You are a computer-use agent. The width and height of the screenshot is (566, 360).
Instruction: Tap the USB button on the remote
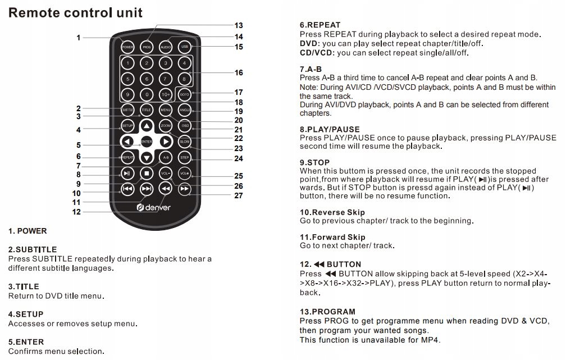(185, 47)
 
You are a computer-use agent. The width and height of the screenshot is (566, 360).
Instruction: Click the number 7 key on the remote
(166, 79)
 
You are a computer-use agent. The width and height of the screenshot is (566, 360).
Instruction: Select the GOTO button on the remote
(185, 94)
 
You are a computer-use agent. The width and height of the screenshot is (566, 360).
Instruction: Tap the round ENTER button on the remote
(147, 142)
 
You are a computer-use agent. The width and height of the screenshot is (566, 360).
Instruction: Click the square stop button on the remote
(147, 174)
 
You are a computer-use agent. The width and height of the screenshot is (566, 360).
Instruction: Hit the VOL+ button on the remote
(185, 174)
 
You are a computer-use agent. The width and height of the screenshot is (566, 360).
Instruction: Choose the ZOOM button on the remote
(166, 126)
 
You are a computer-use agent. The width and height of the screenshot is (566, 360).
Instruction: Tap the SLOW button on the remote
(185, 142)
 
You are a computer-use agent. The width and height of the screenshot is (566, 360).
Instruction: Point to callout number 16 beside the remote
(239, 73)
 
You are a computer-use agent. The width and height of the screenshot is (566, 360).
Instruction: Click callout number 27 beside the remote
(239, 195)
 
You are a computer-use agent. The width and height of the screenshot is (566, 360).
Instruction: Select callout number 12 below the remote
(76, 212)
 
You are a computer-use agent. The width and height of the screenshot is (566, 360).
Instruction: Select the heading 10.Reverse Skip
(332, 212)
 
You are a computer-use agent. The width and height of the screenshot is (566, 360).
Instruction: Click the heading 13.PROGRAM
(327, 311)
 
